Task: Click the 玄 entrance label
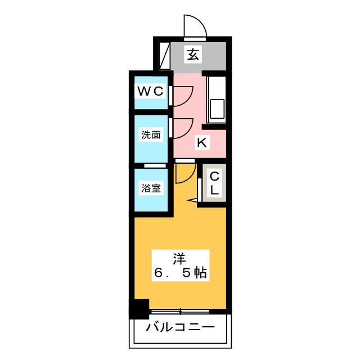coord(193,55)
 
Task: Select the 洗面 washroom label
coord(151,135)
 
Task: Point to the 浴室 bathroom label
coord(151,188)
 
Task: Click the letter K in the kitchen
coord(201,143)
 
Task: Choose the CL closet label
coord(214,183)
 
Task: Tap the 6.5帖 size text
coord(180,274)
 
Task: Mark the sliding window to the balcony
coord(181,311)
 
